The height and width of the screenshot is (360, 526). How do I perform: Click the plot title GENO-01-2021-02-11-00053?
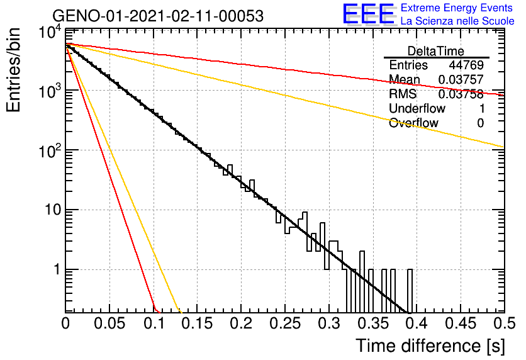click(x=158, y=16)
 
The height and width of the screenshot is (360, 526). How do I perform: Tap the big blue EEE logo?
click(x=369, y=14)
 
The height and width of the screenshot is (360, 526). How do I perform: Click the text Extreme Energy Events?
click(x=457, y=8)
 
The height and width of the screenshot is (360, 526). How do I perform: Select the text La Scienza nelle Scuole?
click(x=457, y=21)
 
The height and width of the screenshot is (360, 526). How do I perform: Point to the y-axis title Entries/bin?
click(x=13, y=70)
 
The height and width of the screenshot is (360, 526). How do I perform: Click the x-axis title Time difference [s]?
click(x=430, y=346)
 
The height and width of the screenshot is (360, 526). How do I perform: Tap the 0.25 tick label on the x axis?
click(x=285, y=323)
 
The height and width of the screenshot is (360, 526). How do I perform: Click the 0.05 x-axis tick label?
click(x=109, y=323)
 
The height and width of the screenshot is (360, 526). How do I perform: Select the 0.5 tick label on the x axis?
click(x=503, y=323)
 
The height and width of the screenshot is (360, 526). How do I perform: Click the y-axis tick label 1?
click(x=57, y=269)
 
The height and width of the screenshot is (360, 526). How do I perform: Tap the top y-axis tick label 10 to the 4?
click(x=50, y=33)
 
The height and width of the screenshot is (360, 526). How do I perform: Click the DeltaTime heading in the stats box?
click(x=436, y=51)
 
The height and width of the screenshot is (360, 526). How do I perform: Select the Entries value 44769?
click(x=466, y=65)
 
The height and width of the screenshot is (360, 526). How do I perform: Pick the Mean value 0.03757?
click(x=461, y=79)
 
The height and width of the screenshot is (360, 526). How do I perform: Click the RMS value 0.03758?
click(x=461, y=94)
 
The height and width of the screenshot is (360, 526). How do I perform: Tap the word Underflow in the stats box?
click(x=417, y=108)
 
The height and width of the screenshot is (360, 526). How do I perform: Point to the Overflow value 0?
click(x=480, y=123)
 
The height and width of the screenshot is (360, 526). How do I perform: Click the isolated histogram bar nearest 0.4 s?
click(x=410, y=291)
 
